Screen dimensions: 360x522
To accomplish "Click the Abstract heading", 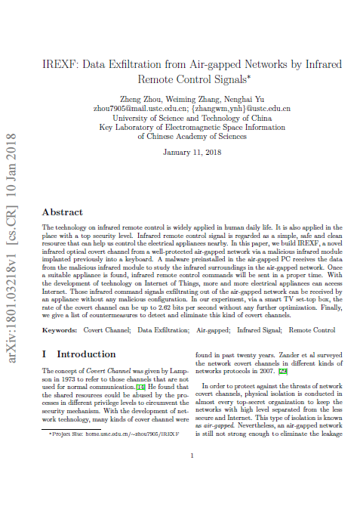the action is (63, 213).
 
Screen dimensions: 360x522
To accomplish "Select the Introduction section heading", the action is (86, 354).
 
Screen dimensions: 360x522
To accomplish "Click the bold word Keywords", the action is (60, 330).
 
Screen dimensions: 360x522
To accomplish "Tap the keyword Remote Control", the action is (312, 330).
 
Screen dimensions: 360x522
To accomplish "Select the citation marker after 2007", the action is (283, 372).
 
